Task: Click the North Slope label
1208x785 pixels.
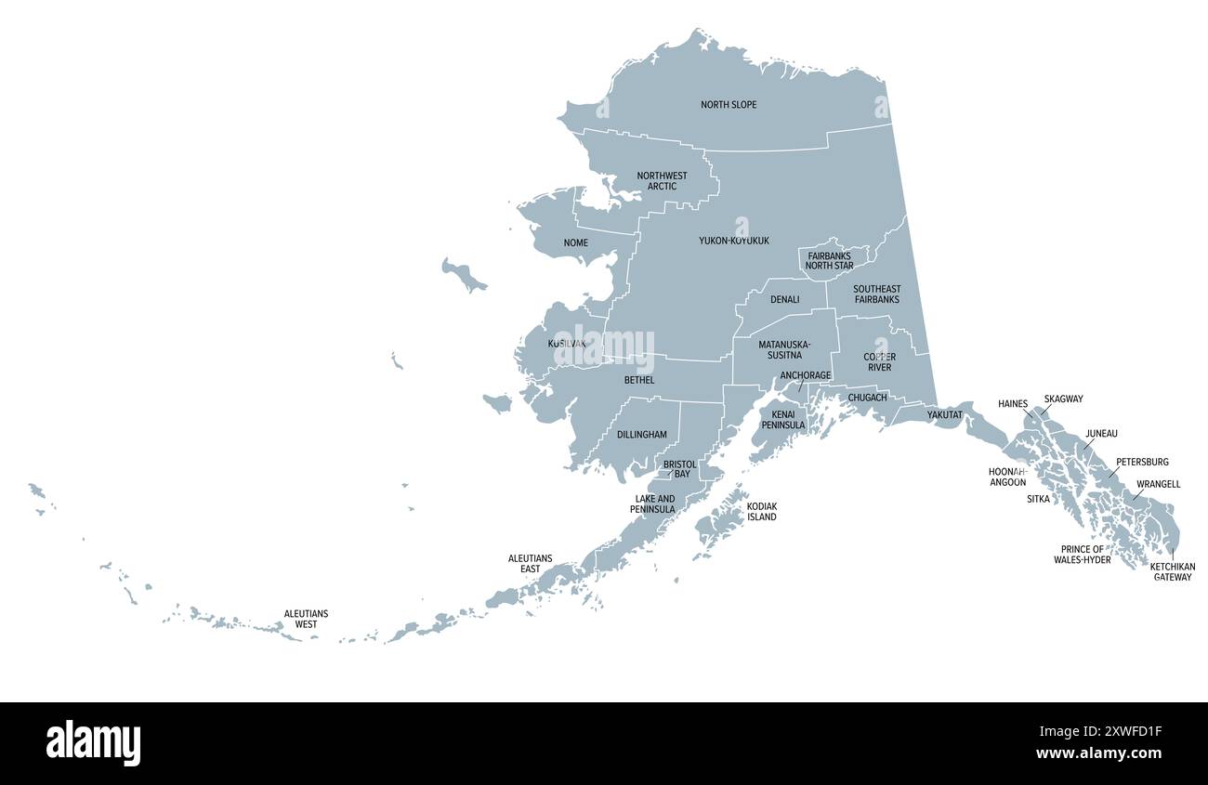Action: tap(729, 105)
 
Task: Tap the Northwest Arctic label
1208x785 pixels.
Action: tap(662, 181)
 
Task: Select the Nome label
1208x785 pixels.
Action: tap(575, 243)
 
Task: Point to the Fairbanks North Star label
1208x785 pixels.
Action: tap(829, 261)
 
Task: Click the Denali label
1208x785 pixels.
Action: tap(784, 300)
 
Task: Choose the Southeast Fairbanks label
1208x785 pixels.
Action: tap(876, 294)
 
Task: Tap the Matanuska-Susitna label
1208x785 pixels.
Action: tap(784, 350)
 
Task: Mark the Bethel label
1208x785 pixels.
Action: tap(639, 380)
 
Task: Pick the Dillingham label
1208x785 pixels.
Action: tap(641, 435)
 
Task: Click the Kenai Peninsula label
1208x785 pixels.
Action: tap(783, 420)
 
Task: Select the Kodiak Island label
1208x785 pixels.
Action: tap(762, 512)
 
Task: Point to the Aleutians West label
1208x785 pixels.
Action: tap(306, 620)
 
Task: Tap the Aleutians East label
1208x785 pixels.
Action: tap(530, 564)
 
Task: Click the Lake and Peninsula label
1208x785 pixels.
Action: tap(654, 504)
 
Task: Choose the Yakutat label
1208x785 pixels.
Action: tap(944, 415)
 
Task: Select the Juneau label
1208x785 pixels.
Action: tap(1101, 434)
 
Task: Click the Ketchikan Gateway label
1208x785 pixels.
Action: tap(1172, 571)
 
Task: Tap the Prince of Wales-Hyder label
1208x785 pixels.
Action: tap(1082, 555)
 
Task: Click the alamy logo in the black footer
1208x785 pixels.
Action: tap(93, 743)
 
